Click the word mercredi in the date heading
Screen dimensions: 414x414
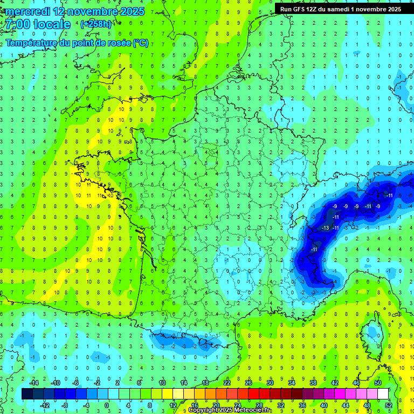click(27, 11)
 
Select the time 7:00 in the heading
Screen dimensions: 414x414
click(16, 24)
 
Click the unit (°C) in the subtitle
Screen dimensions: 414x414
click(140, 43)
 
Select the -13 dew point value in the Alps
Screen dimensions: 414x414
click(325, 229)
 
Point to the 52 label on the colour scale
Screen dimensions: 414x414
click(389, 405)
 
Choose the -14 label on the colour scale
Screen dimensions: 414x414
click(34, 382)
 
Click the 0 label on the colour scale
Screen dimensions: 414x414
click(107, 405)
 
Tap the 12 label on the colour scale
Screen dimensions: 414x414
click(173, 405)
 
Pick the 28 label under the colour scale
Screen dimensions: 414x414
click(259, 405)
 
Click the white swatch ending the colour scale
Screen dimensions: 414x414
click(383, 394)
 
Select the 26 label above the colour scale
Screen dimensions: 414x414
click(249, 382)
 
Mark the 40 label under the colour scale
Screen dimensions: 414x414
click(324, 405)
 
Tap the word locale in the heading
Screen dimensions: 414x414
click(51, 24)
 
